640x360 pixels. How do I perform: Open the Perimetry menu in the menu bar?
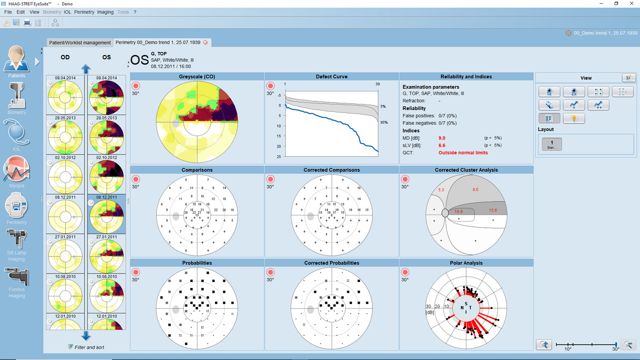[84, 12]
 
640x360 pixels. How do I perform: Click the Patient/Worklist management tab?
[80, 42]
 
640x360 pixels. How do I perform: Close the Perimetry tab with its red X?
[206, 42]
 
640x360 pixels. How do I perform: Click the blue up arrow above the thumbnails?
[86, 69]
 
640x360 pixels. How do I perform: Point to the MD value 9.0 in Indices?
[442, 138]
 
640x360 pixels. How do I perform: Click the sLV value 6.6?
[442, 146]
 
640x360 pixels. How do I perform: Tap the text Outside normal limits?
[463, 153]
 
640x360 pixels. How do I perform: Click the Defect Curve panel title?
[331, 77]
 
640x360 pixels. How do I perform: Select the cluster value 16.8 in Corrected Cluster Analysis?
[458, 211]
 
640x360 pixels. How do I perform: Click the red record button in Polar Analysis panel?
[405, 272]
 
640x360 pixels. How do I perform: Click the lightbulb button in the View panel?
[573, 118]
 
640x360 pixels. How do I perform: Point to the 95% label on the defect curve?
[384, 122]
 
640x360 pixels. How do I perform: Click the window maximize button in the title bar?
[616, 4]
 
